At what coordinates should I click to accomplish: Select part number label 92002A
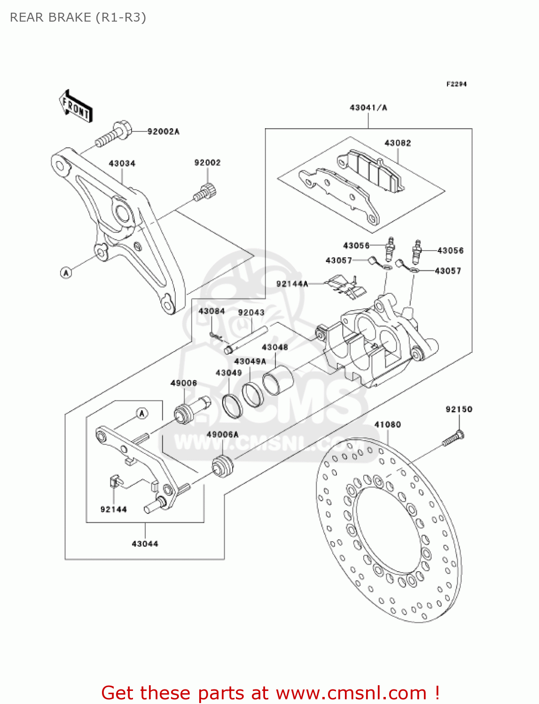(x=163, y=132)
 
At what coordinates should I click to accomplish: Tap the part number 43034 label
(x=122, y=163)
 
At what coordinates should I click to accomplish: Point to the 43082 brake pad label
(x=398, y=143)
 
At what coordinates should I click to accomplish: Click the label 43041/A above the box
(x=368, y=108)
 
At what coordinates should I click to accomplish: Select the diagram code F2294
(x=456, y=84)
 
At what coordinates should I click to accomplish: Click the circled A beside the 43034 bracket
(x=66, y=272)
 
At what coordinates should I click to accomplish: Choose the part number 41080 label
(x=387, y=425)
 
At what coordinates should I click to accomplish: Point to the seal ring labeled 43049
(x=232, y=406)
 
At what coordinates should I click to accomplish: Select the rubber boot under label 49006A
(x=223, y=467)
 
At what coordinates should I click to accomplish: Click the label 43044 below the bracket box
(x=145, y=544)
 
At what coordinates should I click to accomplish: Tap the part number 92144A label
(x=292, y=284)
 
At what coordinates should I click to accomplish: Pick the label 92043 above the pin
(x=251, y=313)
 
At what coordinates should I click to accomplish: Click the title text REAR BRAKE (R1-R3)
(x=78, y=17)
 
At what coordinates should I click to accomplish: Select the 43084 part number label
(x=211, y=311)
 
